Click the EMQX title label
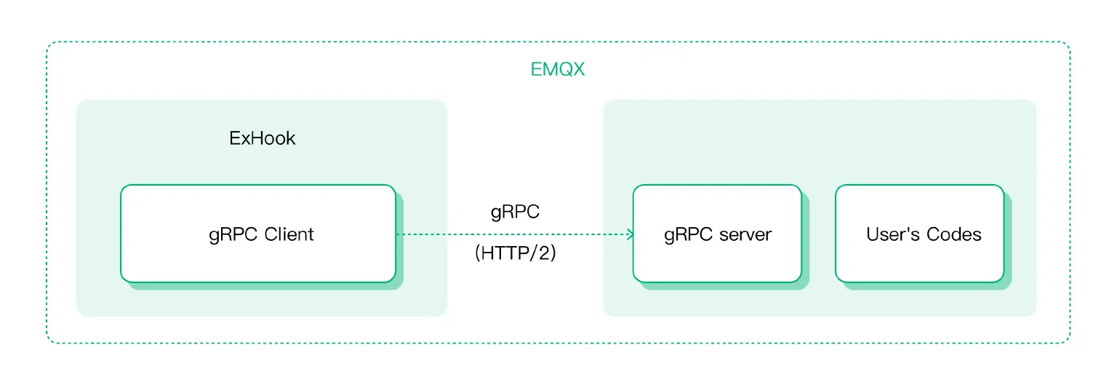558,70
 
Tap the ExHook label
262,138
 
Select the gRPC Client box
258,234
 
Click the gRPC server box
717,234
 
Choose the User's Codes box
919,234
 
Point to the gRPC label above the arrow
515,212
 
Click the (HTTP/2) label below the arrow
515,255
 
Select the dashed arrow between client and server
509,234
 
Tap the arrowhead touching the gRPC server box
629,234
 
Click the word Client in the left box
289,234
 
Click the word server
745,234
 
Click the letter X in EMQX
578,70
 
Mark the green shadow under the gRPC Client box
265,286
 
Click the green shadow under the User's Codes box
927,286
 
